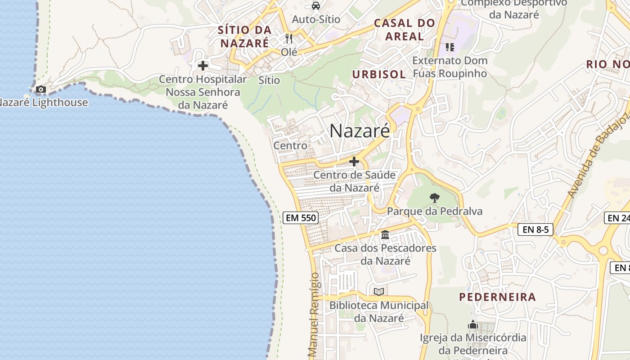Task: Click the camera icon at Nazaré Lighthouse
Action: pyautogui.click(x=41, y=90)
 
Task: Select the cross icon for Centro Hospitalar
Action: pyautogui.click(x=203, y=66)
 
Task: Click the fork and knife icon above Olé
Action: pyautogui.click(x=289, y=39)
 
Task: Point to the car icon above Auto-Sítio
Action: pyautogui.click(x=316, y=6)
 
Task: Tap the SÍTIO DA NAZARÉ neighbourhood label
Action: pyautogui.click(x=245, y=37)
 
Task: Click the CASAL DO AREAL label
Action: pyautogui.click(x=405, y=29)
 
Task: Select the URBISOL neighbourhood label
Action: pyautogui.click(x=379, y=75)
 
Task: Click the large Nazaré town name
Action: pyautogui.click(x=360, y=131)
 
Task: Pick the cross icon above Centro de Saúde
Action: pyautogui.click(x=354, y=162)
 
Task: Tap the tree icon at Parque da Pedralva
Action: pyautogui.click(x=434, y=198)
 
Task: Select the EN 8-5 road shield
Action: pyautogui.click(x=535, y=229)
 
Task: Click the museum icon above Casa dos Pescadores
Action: pyautogui.click(x=385, y=235)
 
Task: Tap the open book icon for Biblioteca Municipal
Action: pyautogui.click(x=379, y=292)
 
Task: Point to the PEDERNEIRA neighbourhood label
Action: pyautogui.click(x=497, y=297)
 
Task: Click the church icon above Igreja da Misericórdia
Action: pyautogui.click(x=472, y=324)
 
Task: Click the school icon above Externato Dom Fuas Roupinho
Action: pyautogui.click(x=450, y=47)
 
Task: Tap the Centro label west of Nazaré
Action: pyautogui.click(x=290, y=146)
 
